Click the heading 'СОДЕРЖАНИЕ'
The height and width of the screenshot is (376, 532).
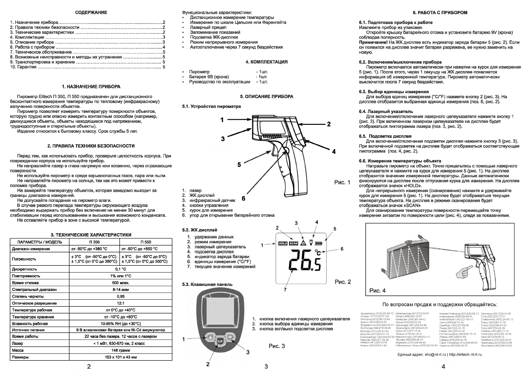pos(91,13)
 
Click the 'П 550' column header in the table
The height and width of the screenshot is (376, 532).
pos(146,242)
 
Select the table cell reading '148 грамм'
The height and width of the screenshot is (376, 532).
pos(120,350)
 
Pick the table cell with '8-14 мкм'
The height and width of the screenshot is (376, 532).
pos(120,289)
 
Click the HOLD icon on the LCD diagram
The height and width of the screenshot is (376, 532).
pos(283,244)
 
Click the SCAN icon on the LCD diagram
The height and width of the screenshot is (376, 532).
pos(294,244)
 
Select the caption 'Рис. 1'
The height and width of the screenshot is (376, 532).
pos(342,182)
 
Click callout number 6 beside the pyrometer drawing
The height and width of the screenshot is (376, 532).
pos(243,198)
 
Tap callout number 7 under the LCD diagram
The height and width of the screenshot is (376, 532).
pos(285,289)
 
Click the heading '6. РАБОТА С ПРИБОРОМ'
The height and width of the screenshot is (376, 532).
pos(440,13)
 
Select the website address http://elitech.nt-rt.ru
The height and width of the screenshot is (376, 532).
pos(466,355)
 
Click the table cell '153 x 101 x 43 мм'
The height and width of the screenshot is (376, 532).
pos(120,357)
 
